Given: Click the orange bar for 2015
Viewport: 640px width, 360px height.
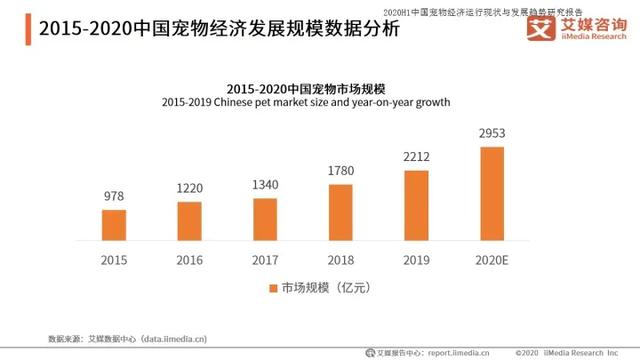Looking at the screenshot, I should [x=114, y=225].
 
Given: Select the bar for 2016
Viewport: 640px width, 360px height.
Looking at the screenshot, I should [x=189, y=221].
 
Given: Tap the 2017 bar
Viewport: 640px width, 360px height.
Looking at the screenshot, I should [x=265, y=219].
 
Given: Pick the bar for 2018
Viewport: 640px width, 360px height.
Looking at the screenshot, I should [x=341, y=212].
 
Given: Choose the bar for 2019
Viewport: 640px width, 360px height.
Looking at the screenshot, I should [x=416, y=205].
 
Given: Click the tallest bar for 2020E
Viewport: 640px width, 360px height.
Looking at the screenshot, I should [x=492, y=194].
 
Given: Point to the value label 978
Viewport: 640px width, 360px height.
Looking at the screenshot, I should [x=114, y=197].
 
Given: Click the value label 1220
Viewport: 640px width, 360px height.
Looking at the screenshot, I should [x=189, y=189].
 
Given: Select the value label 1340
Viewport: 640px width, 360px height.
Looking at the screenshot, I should [x=265, y=185].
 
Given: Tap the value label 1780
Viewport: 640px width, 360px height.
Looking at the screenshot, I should [x=341, y=171].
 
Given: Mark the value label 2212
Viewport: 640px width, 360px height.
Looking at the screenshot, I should [x=416, y=157].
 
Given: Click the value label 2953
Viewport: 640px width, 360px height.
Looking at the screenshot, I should [x=492, y=133].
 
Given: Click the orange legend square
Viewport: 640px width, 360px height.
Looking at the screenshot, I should [x=271, y=289].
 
